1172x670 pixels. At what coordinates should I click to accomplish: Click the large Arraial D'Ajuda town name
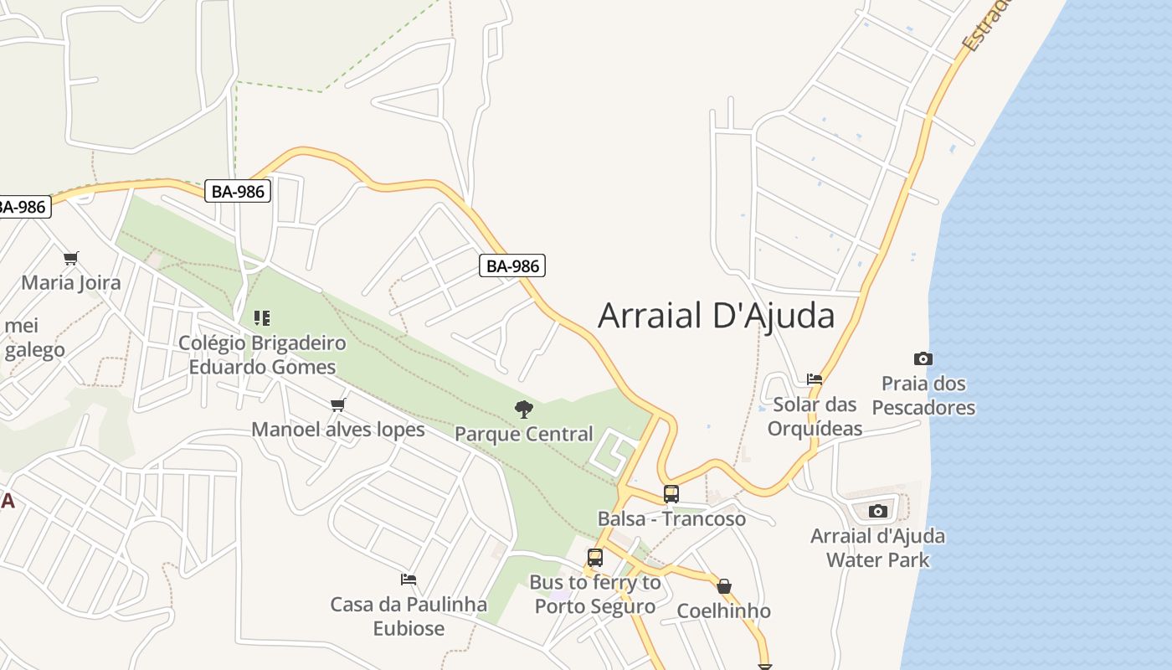(716, 316)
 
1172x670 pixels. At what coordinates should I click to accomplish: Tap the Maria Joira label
(71, 282)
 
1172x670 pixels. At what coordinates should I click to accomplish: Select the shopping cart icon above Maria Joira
(71, 258)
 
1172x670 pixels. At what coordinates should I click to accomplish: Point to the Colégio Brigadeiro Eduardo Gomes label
(262, 355)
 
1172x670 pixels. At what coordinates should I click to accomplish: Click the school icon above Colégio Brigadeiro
(262, 318)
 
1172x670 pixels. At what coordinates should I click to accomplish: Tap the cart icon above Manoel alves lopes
(338, 405)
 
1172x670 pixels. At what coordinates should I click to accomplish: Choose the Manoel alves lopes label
(338, 430)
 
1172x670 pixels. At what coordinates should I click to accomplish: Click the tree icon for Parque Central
(524, 410)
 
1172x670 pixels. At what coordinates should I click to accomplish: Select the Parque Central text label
(524, 434)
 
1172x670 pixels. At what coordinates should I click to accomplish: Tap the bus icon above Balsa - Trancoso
(671, 494)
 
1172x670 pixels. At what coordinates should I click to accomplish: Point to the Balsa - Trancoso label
(671, 518)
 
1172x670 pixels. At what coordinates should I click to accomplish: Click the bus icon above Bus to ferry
(595, 558)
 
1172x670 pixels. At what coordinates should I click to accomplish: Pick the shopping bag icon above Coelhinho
(724, 586)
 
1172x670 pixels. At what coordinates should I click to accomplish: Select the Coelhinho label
(724, 611)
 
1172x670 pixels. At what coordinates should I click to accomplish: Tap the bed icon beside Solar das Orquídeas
(815, 379)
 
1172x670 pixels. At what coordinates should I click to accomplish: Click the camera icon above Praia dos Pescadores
(923, 358)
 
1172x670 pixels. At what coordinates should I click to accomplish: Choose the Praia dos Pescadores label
(923, 395)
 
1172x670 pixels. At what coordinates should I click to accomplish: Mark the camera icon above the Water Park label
(878, 511)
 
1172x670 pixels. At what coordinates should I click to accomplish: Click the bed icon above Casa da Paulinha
(409, 579)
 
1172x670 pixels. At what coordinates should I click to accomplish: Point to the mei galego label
(33, 338)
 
